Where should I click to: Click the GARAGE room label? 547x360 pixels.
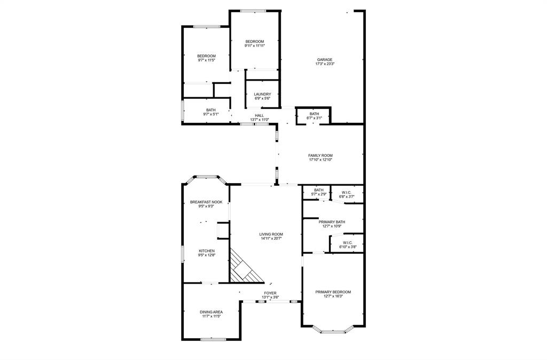point(325,60)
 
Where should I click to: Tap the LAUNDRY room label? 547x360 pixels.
point(262,95)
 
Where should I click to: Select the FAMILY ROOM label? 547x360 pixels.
point(321,155)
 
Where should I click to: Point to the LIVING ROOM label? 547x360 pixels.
point(271,234)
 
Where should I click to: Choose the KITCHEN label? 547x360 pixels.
point(207,251)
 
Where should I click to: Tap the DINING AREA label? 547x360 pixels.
point(212,312)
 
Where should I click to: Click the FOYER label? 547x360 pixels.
point(270,293)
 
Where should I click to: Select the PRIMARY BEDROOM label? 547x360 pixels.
point(333,292)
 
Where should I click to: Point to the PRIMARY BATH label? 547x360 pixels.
point(332,222)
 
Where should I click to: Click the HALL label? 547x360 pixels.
point(259,115)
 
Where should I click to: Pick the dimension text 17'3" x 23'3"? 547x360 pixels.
point(325,64)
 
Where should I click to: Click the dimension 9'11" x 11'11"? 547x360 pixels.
point(255,46)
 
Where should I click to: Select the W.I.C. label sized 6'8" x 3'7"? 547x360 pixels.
point(347,192)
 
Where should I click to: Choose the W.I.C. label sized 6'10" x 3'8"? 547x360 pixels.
point(347,242)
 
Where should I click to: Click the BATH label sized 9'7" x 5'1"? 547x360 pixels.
point(211,110)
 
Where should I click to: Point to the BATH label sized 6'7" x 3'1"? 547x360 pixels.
point(314,113)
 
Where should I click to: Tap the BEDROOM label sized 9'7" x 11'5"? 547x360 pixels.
point(206,56)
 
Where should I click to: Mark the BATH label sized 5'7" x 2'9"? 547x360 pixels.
point(319,190)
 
